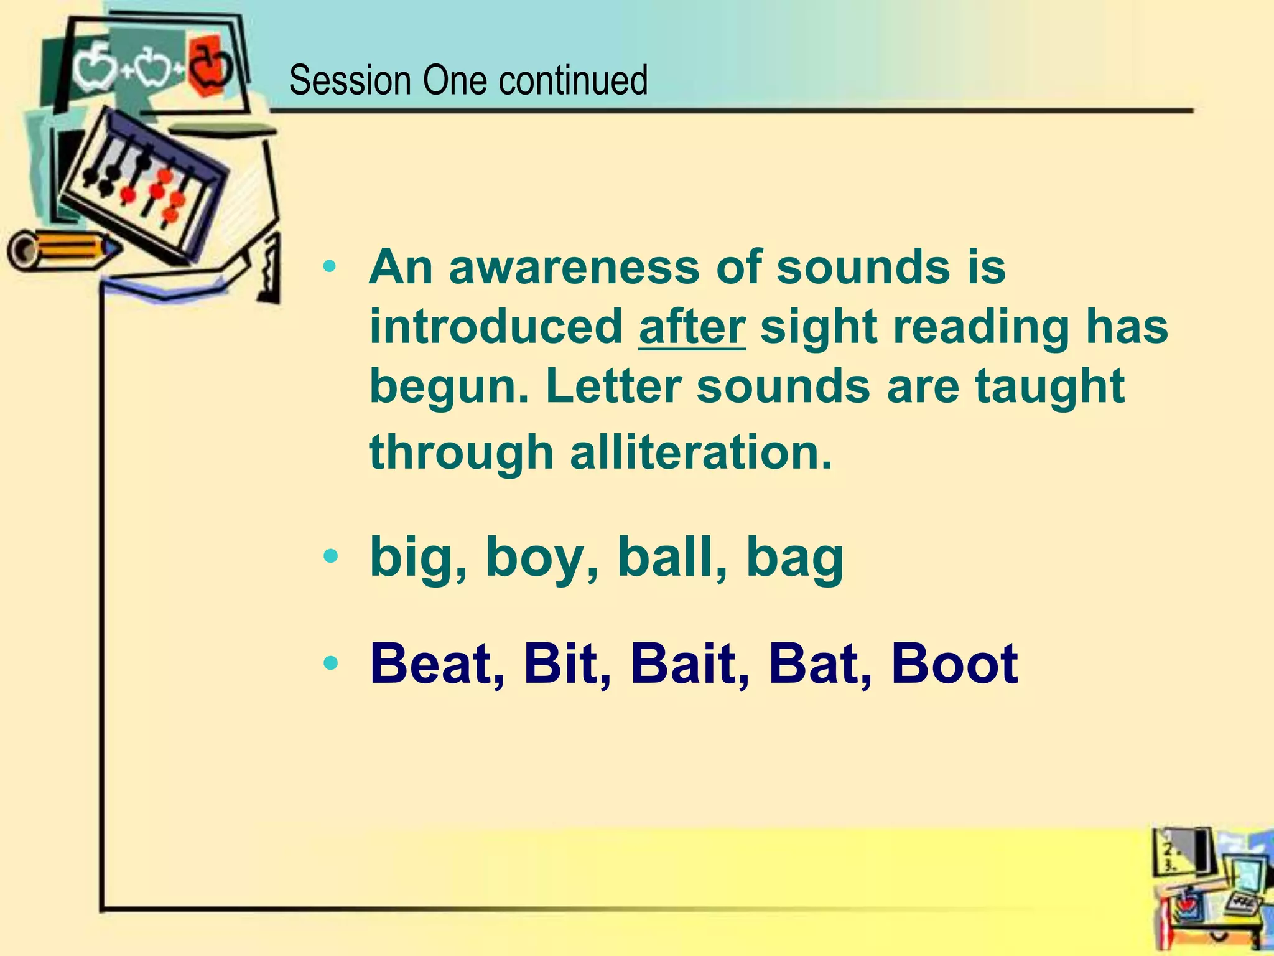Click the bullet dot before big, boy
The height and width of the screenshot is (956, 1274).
coord(331,556)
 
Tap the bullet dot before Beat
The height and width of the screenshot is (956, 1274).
coord(331,663)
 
